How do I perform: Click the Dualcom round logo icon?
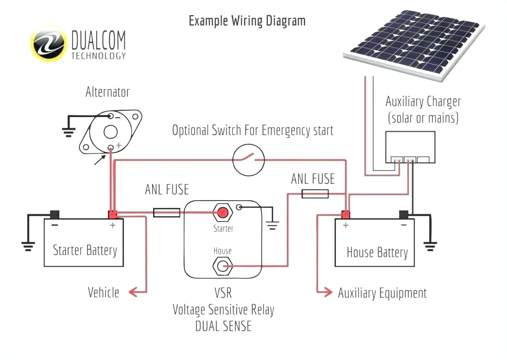click(49, 44)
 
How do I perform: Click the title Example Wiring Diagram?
click(247, 21)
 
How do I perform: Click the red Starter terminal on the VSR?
click(223, 212)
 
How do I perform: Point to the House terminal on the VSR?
click(223, 266)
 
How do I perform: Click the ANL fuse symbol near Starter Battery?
click(167, 212)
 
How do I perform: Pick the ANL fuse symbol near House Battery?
click(315, 194)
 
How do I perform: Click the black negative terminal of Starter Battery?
click(55, 214)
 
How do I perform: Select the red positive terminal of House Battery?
click(346, 214)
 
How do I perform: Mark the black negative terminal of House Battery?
click(403, 214)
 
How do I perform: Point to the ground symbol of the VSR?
click(272, 225)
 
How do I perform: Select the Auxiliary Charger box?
click(410, 147)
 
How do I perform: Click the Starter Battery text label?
click(85, 250)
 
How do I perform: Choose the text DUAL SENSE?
click(223, 326)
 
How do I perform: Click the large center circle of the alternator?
click(111, 131)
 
